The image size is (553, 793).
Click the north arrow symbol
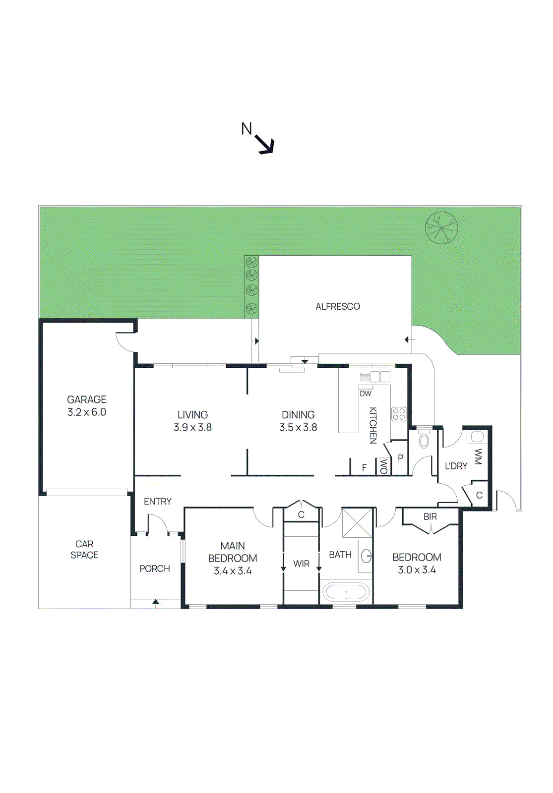[265, 145]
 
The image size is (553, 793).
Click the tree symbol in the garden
[441, 228]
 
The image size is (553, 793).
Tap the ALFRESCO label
[338, 307]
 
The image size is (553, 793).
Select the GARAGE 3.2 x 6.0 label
[87, 406]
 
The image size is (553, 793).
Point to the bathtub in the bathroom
[346, 592]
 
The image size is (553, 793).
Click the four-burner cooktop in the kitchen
[399, 414]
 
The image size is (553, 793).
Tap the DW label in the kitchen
[366, 394]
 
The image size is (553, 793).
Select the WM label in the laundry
[478, 457]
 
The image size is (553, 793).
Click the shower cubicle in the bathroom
[357, 522]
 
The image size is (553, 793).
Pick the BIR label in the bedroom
[430, 516]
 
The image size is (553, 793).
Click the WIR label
[301, 564]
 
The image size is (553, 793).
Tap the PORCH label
[155, 568]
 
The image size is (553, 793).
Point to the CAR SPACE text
[84, 550]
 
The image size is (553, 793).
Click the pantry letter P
[400, 458]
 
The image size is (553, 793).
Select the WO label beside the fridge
[383, 467]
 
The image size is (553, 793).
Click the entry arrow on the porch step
[156, 603]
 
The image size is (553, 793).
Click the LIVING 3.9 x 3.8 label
[192, 421]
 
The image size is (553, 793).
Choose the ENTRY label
[158, 502]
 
